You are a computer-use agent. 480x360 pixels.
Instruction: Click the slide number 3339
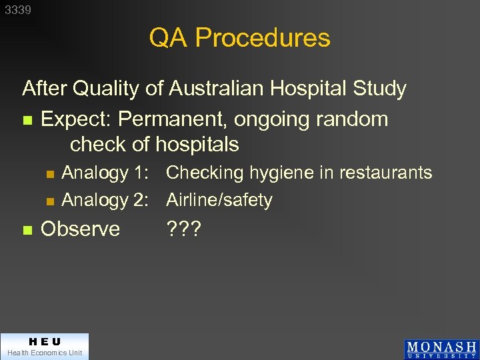click(18, 11)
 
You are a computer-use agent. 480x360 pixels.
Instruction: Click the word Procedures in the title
click(263, 38)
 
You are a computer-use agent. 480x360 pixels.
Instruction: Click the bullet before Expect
click(27, 121)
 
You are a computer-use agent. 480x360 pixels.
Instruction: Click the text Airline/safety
click(219, 200)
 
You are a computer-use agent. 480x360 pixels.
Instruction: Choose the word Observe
click(81, 229)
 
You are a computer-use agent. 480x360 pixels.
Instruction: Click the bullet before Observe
click(27, 230)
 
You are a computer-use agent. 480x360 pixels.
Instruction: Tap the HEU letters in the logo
click(45, 342)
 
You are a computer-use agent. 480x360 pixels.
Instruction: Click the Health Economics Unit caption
click(45, 353)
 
